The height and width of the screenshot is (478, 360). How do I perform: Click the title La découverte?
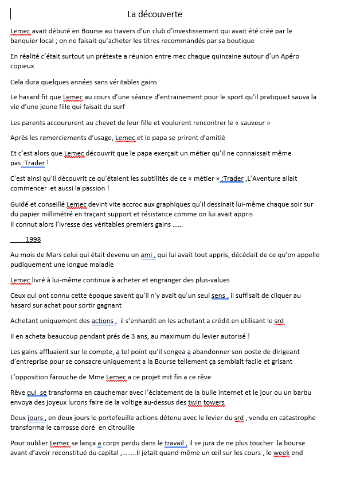point(155,14)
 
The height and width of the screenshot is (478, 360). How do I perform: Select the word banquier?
point(25,41)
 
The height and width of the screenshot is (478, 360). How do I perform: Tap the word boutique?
point(241,41)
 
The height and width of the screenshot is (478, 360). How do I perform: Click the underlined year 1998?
point(33,239)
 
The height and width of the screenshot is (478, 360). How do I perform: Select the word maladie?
point(101,265)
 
